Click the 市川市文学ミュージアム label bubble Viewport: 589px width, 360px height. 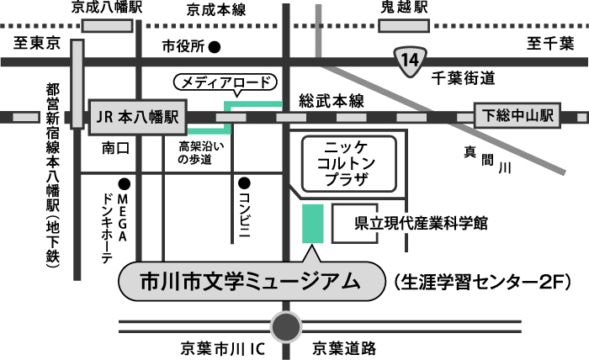pos(249,280)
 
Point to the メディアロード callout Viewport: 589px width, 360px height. pos(225,82)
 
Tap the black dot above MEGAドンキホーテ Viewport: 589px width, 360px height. pos(125,183)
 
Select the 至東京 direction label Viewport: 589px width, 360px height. pos(34,42)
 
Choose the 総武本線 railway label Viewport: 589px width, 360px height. pos(331,101)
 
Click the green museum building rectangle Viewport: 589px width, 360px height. pos(311,223)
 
